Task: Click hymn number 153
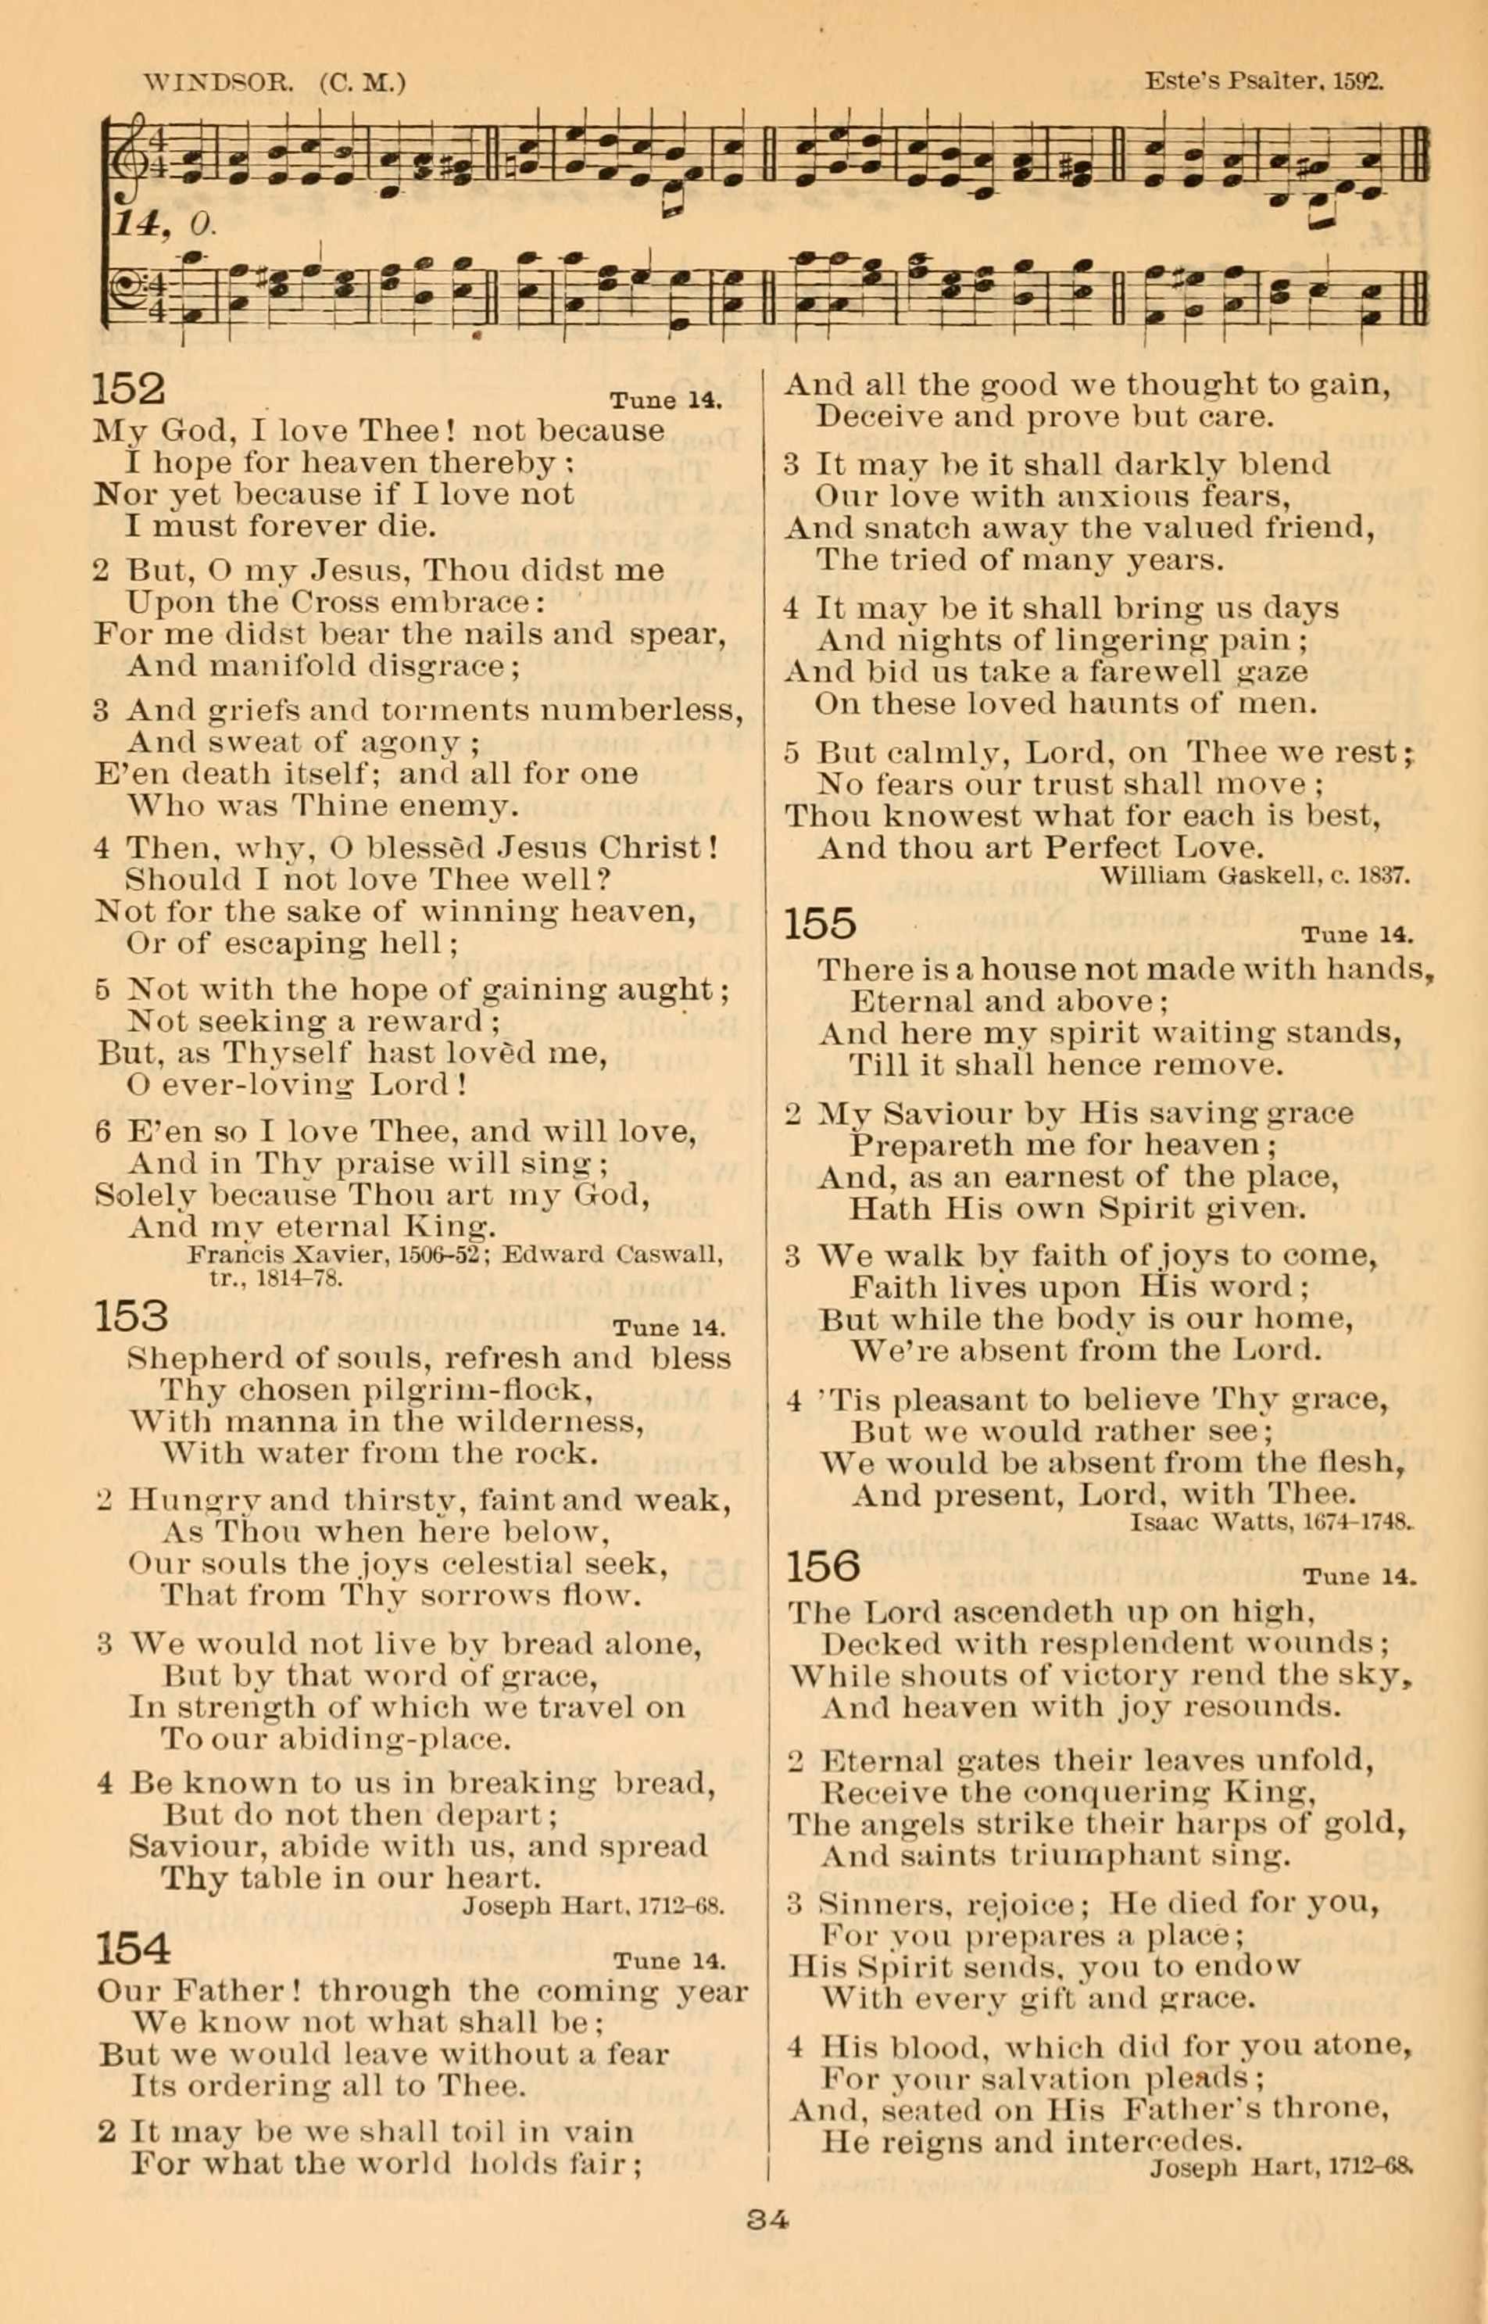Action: [x=131, y=1316]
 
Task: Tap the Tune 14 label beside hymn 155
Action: [x=1357, y=936]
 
